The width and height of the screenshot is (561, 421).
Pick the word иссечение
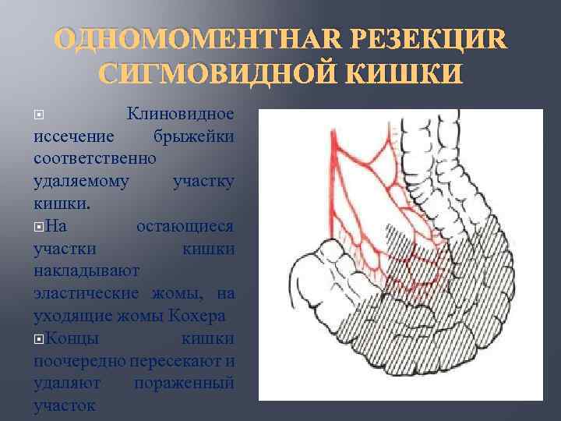click(x=75, y=136)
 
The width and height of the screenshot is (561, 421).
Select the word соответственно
click(x=95, y=157)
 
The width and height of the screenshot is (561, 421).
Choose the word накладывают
click(x=86, y=271)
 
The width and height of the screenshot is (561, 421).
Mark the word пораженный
click(x=184, y=384)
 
